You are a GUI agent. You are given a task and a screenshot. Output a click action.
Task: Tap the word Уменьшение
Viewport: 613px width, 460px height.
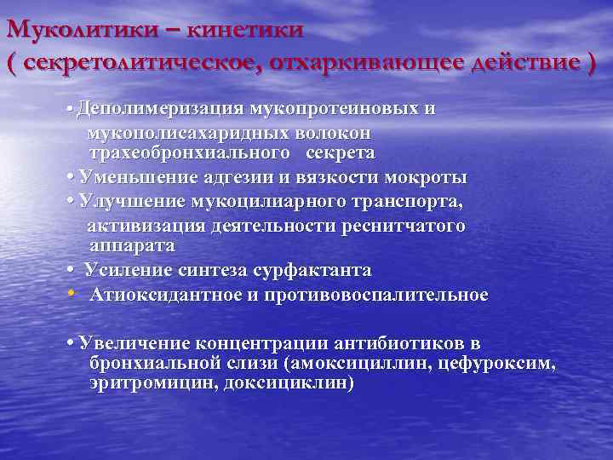[x=136, y=177]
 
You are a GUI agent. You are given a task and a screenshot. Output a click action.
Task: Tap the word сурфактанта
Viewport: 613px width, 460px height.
[x=312, y=270]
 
